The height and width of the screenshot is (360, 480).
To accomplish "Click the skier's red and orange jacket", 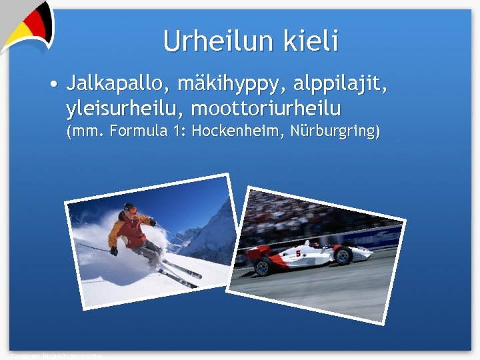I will [x=129, y=231].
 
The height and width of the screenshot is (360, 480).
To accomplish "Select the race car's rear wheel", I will [x=262, y=267].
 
